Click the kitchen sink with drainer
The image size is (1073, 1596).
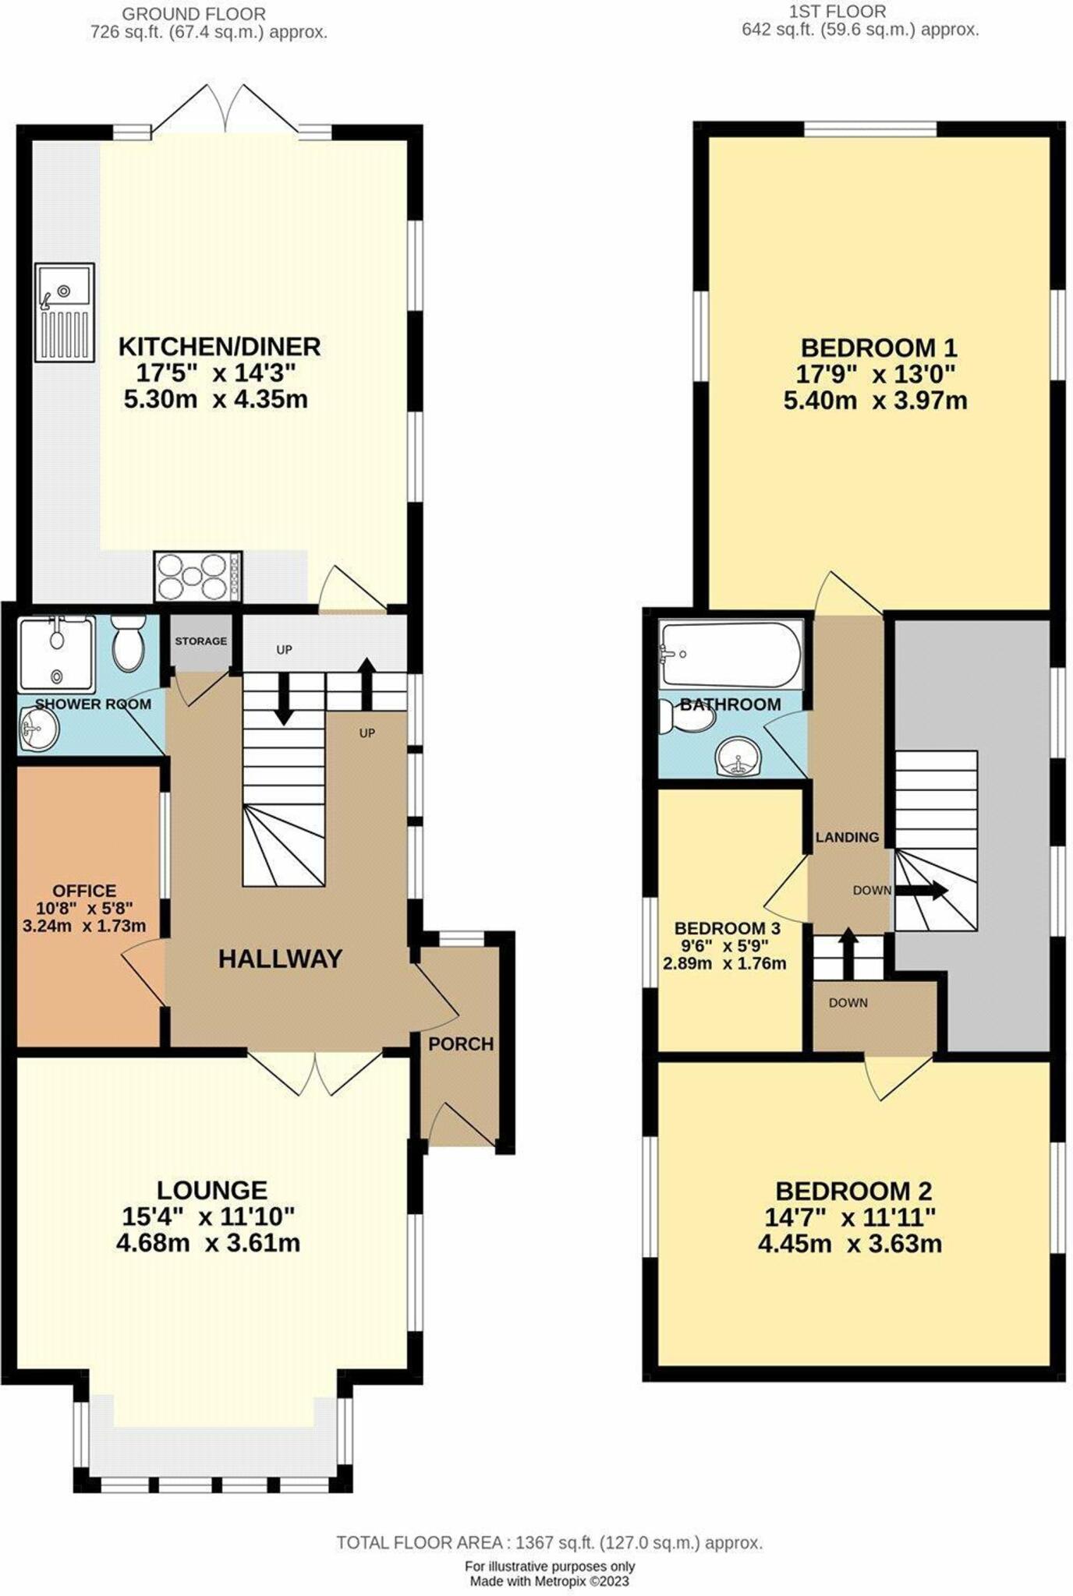pos(64,312)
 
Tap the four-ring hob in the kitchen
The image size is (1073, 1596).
pos(198,577)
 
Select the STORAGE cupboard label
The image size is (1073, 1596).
pos(200,641)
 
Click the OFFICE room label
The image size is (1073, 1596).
pos(84,890)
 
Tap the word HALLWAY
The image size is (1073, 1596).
pos(280,959)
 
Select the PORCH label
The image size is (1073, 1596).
pos(461,1043)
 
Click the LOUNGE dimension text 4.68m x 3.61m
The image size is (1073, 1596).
pos(207,1242)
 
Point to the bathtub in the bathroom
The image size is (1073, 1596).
pos(730,654)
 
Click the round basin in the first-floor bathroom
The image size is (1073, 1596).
pos(736,758)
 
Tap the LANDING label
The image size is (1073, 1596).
pos(847,838)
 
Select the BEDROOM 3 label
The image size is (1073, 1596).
pos(727,928)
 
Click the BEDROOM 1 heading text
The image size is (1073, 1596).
pos(878,348)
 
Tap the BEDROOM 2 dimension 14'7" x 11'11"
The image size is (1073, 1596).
pos(853,1216)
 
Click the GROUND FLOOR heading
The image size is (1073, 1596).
pos(193,14)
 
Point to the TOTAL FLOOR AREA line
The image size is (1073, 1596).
pos(549,1542)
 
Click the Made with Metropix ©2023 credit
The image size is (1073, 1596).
pos(549,1581)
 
